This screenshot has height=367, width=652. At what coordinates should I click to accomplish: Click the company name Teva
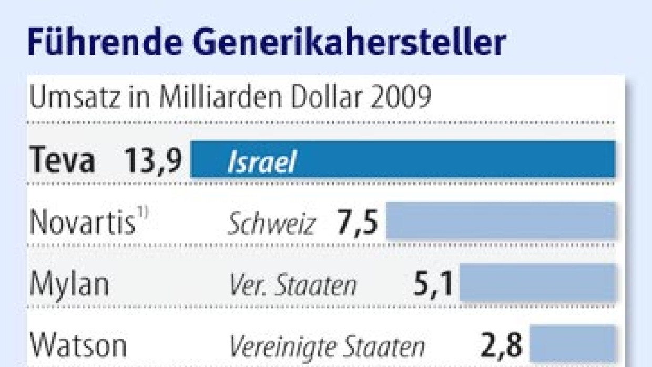click(x=62, y=160)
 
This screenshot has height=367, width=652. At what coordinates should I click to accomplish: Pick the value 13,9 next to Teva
click(x=153, y=160)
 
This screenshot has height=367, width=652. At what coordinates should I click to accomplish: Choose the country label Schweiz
click(x=271, y=225)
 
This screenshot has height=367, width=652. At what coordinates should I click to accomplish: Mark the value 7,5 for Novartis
click(x=357, y=222)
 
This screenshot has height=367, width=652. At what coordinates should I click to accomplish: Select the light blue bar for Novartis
click(x=501, y=221)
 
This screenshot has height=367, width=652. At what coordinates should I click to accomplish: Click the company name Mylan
click(x=69, y=284)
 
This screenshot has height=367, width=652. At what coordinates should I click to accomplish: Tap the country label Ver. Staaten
click(x=293, y=286)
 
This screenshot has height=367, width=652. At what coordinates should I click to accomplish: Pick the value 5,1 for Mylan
click(x=433, y=283)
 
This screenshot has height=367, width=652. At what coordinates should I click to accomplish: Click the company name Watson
click(x=78, y=345)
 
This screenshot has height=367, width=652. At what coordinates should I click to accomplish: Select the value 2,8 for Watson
click(x=502, y=345)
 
